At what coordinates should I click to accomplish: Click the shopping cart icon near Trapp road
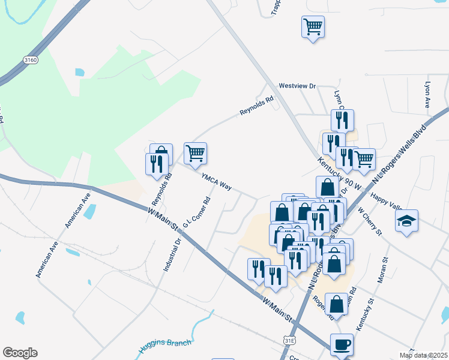(x=313, y=27)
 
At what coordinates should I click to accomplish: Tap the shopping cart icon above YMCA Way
(x=195, y=154)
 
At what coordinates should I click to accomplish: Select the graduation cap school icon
(x=406, y=221)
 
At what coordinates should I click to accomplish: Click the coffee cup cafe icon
(x=342, y=345)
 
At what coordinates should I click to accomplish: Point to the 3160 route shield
(x=30, y=60)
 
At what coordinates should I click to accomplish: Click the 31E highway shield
(x=289, y=340)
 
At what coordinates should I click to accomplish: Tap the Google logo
(x=20, y=353)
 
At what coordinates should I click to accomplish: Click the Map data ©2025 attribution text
(x=424, y=355)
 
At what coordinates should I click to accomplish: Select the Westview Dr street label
(x=297, y=86)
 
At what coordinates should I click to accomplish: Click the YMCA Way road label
(x=216, y=182)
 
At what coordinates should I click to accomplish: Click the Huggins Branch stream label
(x=164, y=345)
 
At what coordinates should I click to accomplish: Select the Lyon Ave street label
(x=428, y=95)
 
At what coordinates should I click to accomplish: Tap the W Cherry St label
(x=370, y=221)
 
